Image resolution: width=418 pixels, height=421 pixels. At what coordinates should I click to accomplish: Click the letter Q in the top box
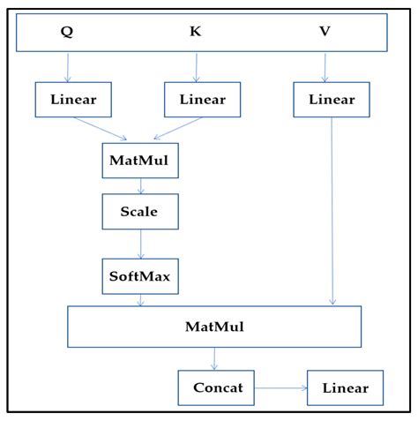67,32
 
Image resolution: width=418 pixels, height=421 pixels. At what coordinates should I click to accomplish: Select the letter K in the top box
196,32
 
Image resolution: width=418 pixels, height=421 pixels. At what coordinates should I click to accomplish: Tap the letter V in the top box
325,32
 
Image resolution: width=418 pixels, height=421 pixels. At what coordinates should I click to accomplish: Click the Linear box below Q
73,100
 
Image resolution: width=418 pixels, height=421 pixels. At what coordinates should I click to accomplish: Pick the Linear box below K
202,100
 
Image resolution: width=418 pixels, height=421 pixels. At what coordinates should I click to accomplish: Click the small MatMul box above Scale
139,161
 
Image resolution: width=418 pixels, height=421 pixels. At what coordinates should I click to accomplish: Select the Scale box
139,212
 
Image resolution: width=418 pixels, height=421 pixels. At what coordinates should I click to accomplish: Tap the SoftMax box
139,276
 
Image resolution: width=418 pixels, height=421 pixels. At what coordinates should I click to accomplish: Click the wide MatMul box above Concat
214,327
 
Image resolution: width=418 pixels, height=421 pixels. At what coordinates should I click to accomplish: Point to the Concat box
217,387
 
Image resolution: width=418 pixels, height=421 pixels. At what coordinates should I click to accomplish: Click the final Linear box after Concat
345,387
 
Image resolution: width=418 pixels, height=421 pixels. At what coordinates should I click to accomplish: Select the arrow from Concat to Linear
281,387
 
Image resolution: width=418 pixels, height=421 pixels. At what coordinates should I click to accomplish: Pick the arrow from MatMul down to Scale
139,186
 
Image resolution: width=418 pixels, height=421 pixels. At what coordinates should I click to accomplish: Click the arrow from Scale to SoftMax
139,244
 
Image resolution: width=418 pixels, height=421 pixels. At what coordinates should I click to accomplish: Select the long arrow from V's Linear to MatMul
332,212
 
